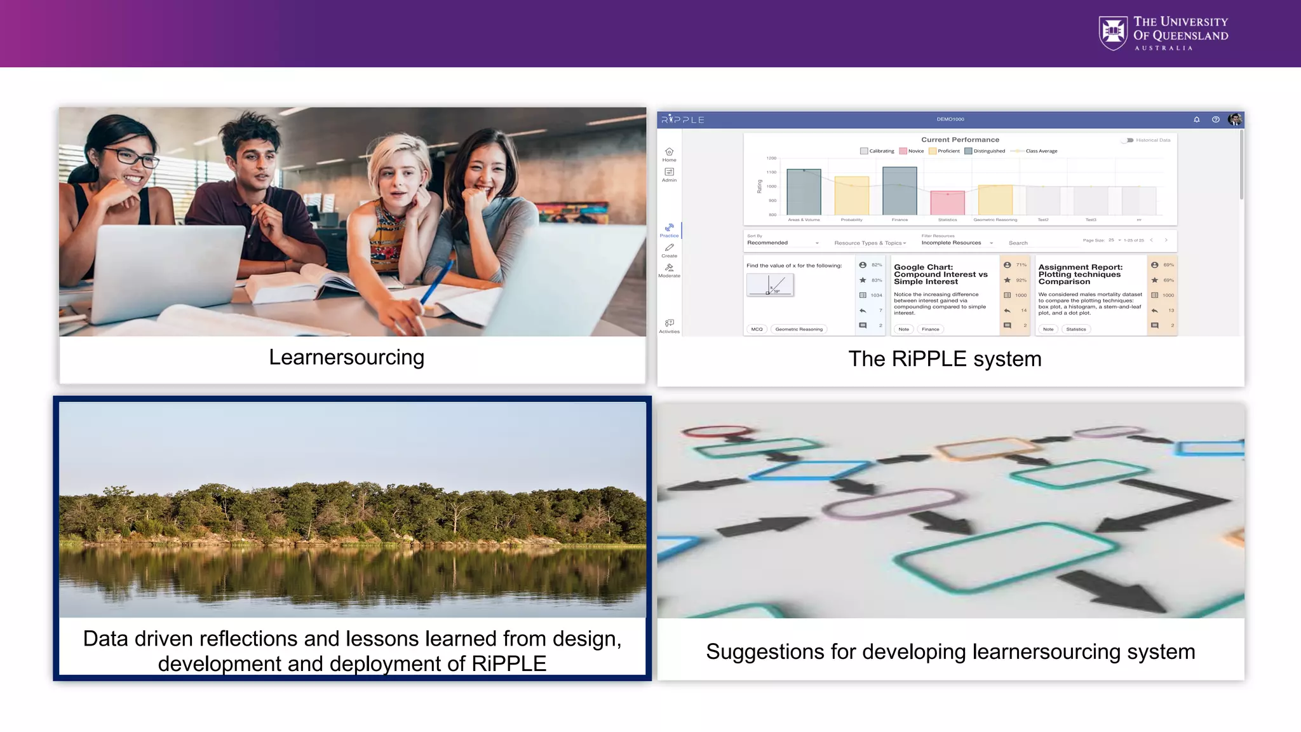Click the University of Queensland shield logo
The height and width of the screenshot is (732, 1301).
[x=1113, y=33]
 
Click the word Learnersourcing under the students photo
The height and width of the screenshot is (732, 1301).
[x=346, y=357]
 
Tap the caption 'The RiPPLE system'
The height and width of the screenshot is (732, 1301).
[x=945, y=359]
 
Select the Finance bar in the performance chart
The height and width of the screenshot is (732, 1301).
[x=900, y=191]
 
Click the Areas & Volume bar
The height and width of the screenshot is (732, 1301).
[x=804, y=192]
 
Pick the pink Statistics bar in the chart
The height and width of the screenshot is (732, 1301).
[x=947, y=203]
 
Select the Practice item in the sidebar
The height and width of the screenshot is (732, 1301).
[x=669, y=230]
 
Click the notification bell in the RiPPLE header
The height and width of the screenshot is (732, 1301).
[x=1197, y=119]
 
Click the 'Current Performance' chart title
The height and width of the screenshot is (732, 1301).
[x=960, y=140]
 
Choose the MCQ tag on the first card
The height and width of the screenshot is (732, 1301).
[x=757, y=329]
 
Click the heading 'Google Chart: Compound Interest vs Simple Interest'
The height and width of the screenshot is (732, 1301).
[x=940, y=274]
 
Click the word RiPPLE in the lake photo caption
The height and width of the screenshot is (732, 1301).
[x=508, y=663]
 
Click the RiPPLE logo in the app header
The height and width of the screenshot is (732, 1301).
[x=683, y=119]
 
